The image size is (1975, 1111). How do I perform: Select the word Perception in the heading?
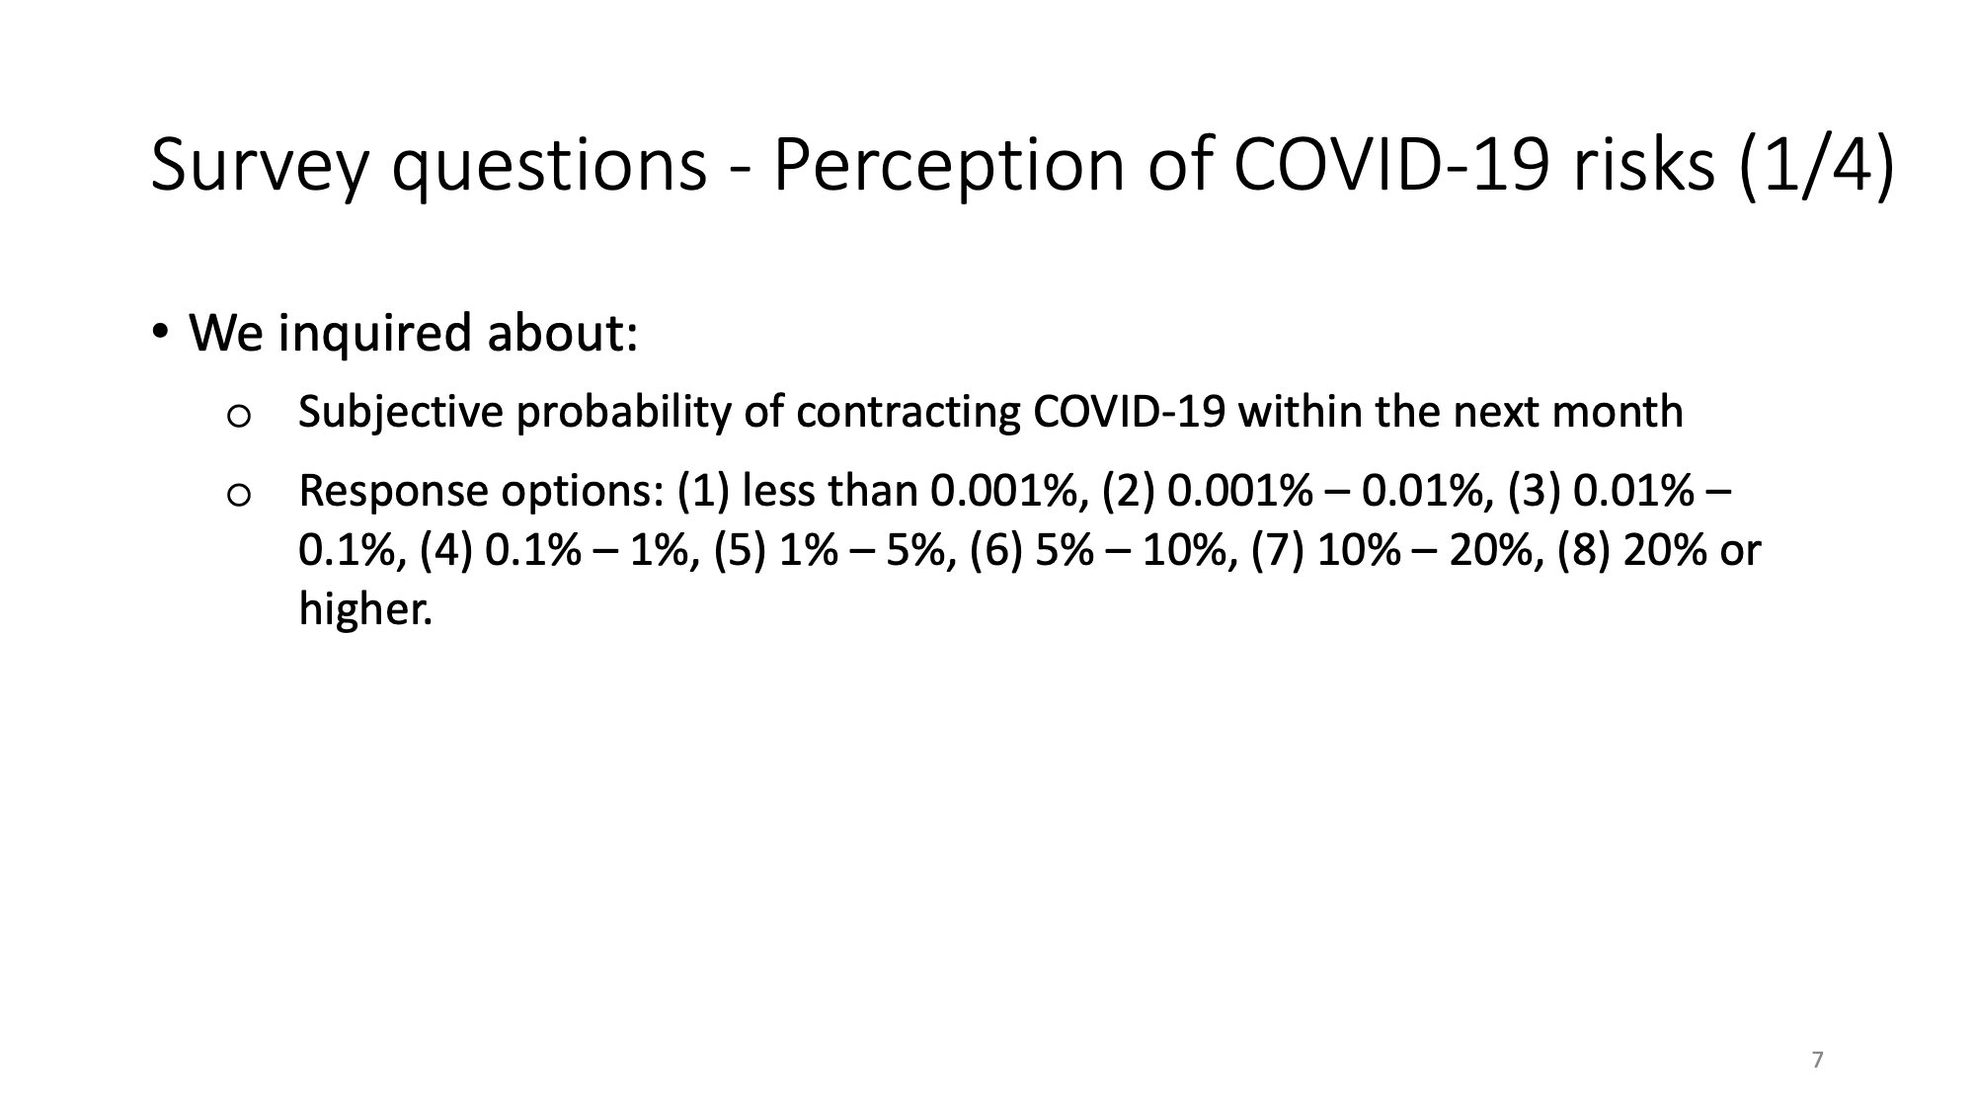(x=947, y=164)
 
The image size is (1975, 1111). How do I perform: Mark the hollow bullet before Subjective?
(x=237, y=418)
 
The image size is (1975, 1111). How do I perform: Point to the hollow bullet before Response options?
(x=237, y=497)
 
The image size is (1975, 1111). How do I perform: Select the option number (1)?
(x=702, y=491)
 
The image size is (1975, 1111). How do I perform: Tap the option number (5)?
(x=741, y=550)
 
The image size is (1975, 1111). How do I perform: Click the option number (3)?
(x=1534, y=491)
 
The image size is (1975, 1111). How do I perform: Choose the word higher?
(x=365, y=609)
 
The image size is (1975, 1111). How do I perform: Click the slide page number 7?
(x=1818, y=1061)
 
